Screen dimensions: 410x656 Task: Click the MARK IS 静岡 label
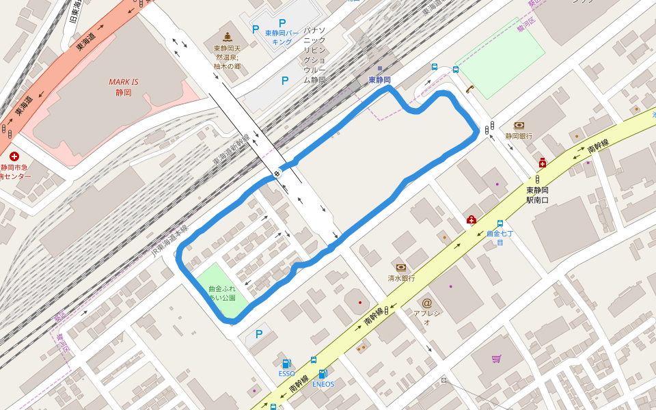[x=124, y=87]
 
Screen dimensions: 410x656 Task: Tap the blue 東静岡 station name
[x=380, y=80]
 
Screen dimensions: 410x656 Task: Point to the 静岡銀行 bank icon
[x=519, y=126]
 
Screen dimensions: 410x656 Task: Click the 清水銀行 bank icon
[x=401, y=267]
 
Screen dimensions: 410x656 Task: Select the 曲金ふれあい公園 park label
[x=222, y=293]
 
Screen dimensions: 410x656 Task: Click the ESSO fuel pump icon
[x=286, y=364]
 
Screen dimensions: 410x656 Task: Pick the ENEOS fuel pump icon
[x=323, y=374]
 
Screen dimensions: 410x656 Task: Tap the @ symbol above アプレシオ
[x=427, y=303]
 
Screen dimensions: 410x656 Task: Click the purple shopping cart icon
[x=496, y=359]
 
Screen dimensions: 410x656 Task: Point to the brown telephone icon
[x=469, y=89]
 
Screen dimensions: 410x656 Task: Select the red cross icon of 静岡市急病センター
[x=14, y=156]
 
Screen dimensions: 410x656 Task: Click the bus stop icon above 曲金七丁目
[x=500, y=223]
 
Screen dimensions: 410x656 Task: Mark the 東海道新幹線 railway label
[x=231, y=148]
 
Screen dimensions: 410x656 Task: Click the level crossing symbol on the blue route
[x=277, y=174]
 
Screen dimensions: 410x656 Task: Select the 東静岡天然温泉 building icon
[x=227, y=36]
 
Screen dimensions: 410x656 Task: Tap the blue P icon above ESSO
[x=258, y=334]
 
